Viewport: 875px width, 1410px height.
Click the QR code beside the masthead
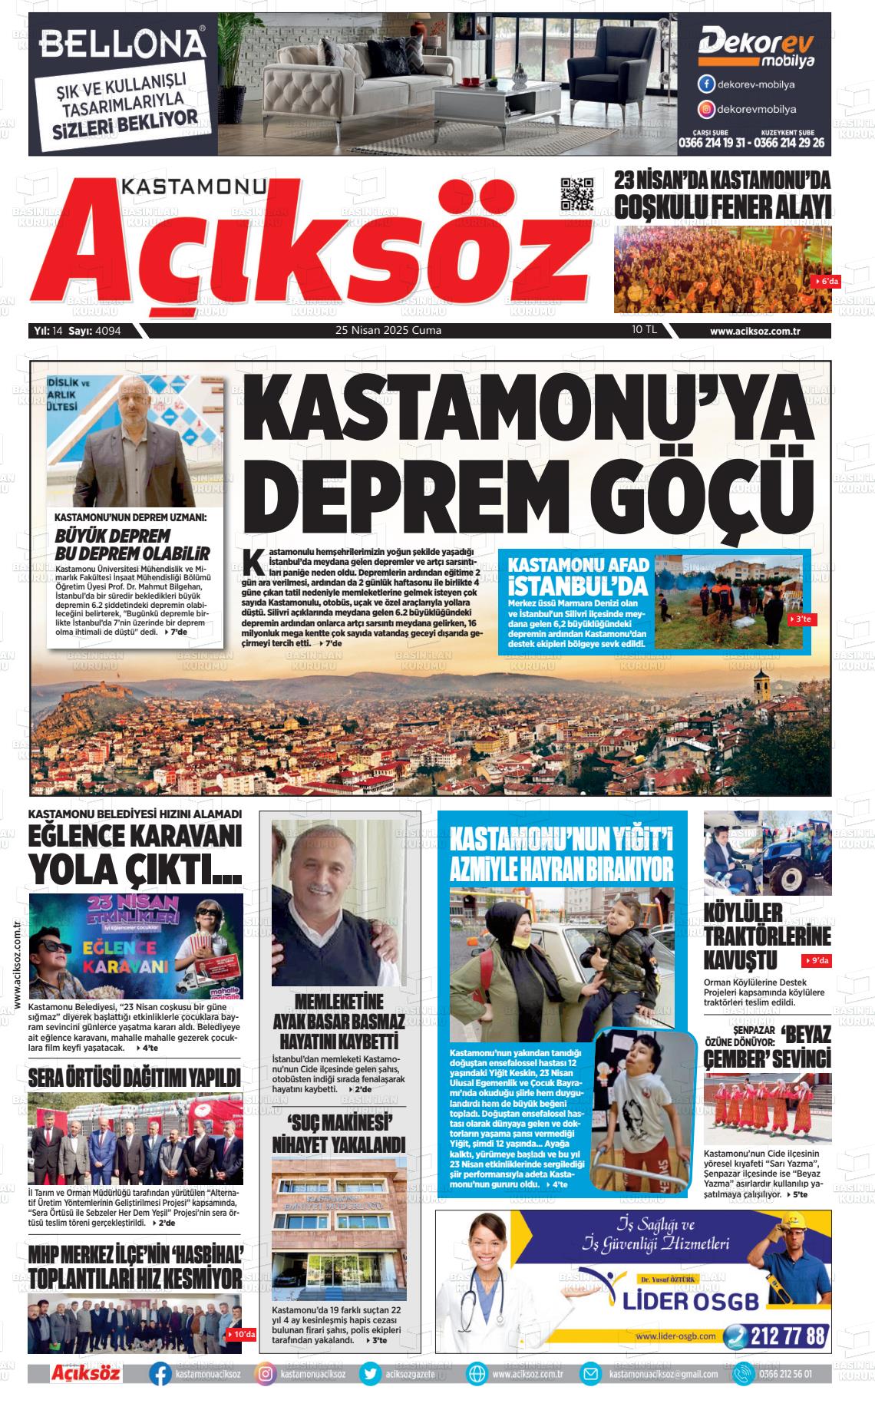click(x=577, y=193)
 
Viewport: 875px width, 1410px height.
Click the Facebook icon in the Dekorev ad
click(x=705, y=84)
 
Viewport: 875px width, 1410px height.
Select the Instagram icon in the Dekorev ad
click(x=705, y=109)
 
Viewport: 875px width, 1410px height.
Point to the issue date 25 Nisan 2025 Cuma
click(x=388, y=331)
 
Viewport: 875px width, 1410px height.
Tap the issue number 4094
click(x=108, y=331)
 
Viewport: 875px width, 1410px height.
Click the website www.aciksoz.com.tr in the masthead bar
click(x=755, y=331)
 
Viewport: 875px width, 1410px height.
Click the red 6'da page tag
click(x=826, y=282)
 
